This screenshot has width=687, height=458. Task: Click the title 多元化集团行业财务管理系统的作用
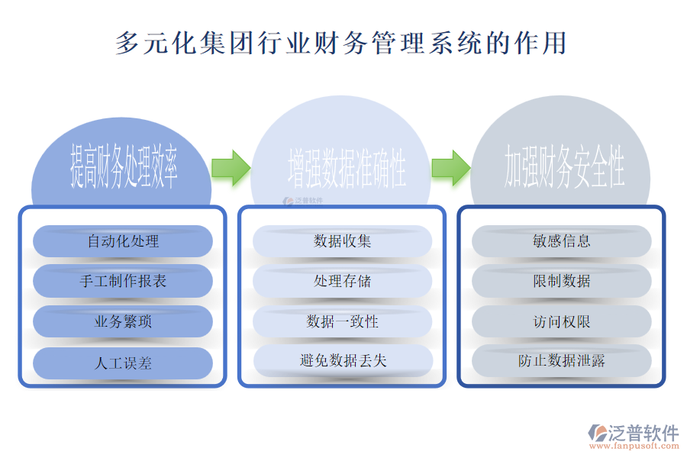tap(341, 43)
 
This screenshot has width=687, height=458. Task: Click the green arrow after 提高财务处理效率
tap(231, 167)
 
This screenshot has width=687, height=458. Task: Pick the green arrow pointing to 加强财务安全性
tap(450, 167)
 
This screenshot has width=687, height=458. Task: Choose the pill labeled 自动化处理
tap(123, 241)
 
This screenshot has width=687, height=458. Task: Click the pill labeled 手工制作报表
tap(123, 281)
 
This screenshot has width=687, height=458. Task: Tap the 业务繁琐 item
tap(123, 321)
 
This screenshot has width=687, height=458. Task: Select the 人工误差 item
tap(123, 363)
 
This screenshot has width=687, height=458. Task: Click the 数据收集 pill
tap(343, 241)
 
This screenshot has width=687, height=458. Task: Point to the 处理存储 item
tap(343, 281)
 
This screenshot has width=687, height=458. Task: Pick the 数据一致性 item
tap(343, 321)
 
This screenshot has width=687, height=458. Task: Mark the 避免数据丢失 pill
tap(343, 360)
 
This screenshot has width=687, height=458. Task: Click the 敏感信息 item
tap(562, 241)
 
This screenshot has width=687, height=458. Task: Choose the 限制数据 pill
tap(562, 281)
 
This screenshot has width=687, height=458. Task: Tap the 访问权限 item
tap(562, 321)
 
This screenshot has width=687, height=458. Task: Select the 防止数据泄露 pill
tap(562, 360)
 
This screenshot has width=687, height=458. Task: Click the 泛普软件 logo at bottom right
tap(634, 433)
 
